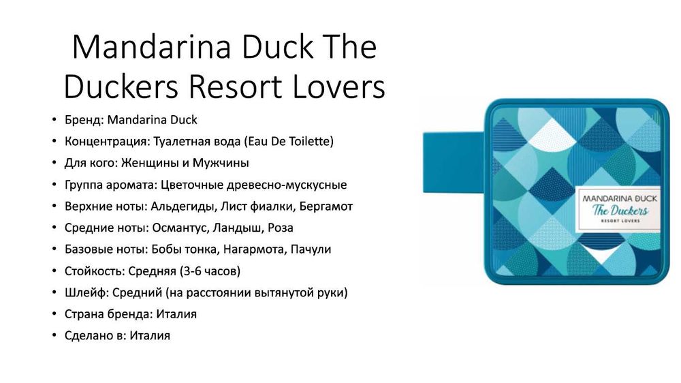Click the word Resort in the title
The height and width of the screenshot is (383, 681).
point(235,86)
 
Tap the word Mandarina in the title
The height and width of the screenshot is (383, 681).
point(151,46)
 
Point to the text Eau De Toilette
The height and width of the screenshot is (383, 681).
point(289,141)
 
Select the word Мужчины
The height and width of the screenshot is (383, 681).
point(221,163)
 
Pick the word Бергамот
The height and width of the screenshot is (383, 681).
point(326,206)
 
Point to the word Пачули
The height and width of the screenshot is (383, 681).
point(311,249)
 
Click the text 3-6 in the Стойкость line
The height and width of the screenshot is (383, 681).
point(192,271)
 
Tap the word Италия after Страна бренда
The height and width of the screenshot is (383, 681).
point(176,314)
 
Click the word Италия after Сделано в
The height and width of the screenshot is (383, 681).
point(150,335)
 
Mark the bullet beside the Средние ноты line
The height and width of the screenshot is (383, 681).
point(54,228)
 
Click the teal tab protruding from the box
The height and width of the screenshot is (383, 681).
point(454,163)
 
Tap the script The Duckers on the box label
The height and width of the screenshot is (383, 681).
point(620,211)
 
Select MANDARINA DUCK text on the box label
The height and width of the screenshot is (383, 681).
point(620,199)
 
